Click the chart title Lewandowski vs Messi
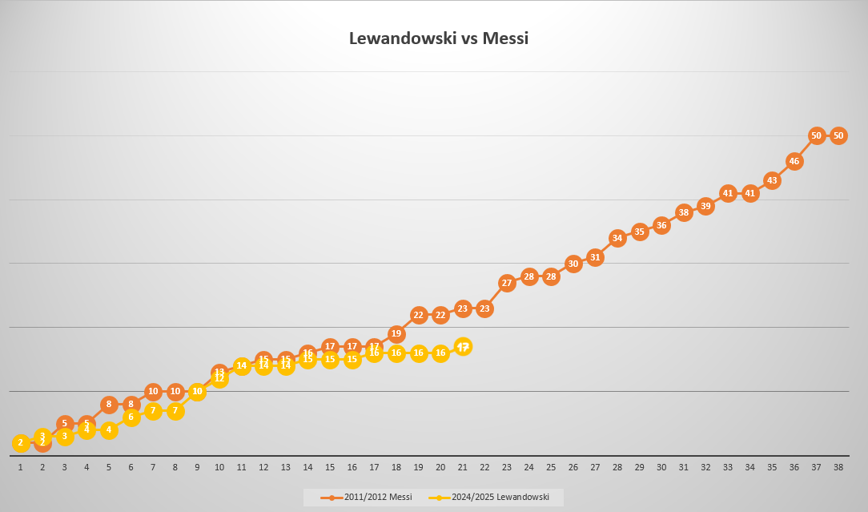439,38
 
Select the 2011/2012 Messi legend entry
368,498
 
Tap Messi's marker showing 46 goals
794,161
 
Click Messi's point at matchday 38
838,135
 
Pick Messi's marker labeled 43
772,180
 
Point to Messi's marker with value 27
507,283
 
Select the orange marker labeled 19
396,333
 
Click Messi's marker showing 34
617,238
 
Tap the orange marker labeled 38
684,212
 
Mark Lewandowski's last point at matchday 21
463,346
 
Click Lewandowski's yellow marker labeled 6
131,417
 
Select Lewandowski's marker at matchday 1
21,442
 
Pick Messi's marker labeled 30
573,264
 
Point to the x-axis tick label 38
838,466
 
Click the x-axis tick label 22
484,466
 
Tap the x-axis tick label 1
21,466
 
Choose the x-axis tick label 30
661,466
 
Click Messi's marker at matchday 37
817,135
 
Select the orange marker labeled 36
661,225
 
